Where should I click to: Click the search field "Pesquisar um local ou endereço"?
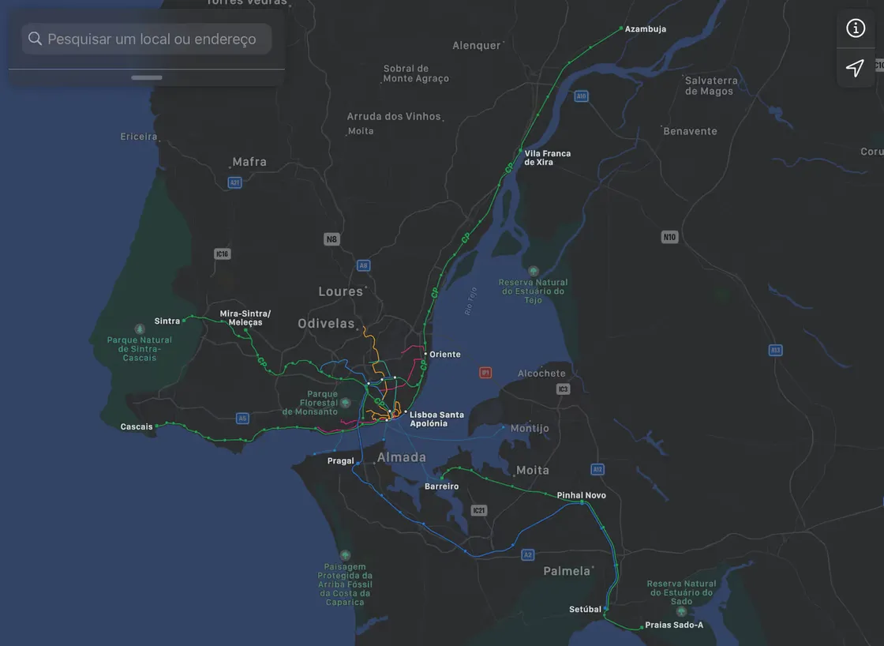click(x=150, y=39)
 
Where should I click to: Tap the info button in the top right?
click(x=856, y=28)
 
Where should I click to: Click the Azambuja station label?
click(x=646, y=29)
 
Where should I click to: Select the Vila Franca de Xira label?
click(x=547, y=158)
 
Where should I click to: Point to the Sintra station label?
click(x=167, y=321)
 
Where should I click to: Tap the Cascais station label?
click(x=137, y=427)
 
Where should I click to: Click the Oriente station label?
click(x=445, y=355)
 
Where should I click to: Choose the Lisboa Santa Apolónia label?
click(x=436, y=419)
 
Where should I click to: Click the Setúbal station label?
click(x=585, y=610)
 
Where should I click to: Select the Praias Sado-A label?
click(x=673, y=625)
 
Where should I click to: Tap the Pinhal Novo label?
click(x=582, y=496)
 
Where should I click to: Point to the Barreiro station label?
click(x=441, y=486)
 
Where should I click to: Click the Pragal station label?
click(x=341, y=461)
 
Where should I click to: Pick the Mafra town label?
click(x=249, y=162)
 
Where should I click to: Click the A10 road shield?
click(x=582, y=96)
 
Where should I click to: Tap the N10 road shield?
click(x=670, y=237)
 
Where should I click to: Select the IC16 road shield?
click(x=222, y=254)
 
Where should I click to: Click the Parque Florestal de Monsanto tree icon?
click(x=345, y=403)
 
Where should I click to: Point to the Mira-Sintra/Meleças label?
click(x=245, y=318)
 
